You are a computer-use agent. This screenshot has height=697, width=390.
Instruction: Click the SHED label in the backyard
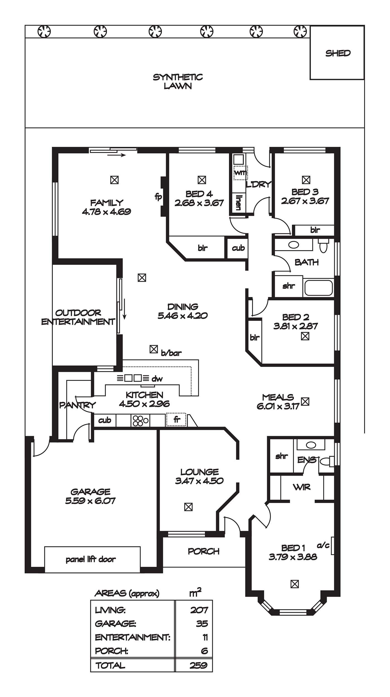click(x=338, y=53)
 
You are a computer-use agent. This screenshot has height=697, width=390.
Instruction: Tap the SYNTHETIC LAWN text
click(x=178, y=81)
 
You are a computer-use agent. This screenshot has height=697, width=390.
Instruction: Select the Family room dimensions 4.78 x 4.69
click(x=106, y=212)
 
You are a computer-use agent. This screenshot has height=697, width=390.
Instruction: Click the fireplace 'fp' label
click(x=158, y=197)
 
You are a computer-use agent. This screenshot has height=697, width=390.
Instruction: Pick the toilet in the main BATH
click(x=323, y=246)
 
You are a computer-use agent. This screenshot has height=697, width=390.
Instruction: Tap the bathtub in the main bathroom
click(x=319, y=288)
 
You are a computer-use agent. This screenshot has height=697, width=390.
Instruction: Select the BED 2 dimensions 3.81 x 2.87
click(x=296, y=326)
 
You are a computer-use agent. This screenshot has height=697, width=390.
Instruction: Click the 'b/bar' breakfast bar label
click(x=171, y=353)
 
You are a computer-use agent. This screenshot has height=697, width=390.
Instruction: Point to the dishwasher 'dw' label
click(x=157, y=379)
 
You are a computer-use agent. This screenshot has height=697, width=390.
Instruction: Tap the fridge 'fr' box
click(x=176, y=420)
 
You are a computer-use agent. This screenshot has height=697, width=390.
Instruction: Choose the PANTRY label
click(x=77, y=405)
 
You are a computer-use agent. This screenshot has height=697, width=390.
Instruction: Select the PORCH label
click(x=204, y=551)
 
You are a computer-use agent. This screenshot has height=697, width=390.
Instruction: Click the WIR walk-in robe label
click(x=302, y=487)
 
